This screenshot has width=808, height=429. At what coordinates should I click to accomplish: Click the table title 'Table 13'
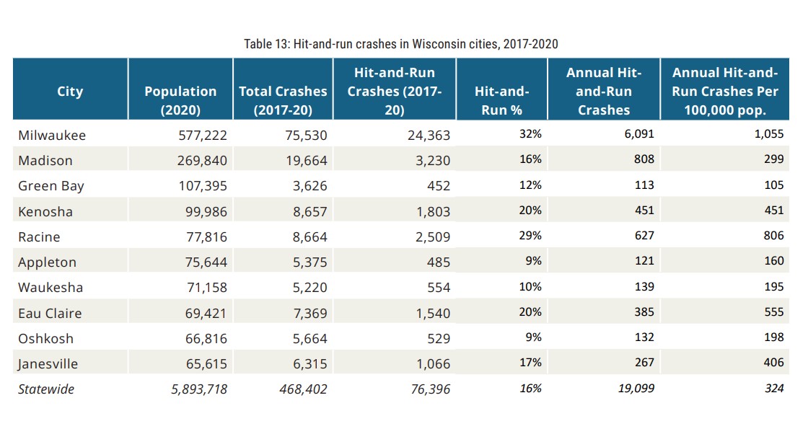[400, 44]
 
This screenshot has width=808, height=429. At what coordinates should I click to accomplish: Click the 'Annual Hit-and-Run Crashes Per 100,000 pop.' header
[725, 91]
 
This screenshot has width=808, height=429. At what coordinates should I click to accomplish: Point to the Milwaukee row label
[52, 135]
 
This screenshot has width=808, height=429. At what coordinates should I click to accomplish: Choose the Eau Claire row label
[50, 313]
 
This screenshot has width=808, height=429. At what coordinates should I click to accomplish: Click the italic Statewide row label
[46, 389]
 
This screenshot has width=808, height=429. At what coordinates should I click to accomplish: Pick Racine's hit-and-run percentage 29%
[530, 236]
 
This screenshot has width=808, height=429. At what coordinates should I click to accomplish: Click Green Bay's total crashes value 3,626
[307, 185]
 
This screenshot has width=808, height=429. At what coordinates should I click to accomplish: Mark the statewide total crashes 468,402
[303, 389]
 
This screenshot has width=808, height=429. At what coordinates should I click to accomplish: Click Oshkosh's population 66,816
[200, 339]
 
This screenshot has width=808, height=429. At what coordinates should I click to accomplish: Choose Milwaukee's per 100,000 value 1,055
[768, 134]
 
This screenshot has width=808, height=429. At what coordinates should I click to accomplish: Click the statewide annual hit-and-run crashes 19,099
[636, 389]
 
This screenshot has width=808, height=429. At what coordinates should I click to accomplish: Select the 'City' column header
[70, 92]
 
